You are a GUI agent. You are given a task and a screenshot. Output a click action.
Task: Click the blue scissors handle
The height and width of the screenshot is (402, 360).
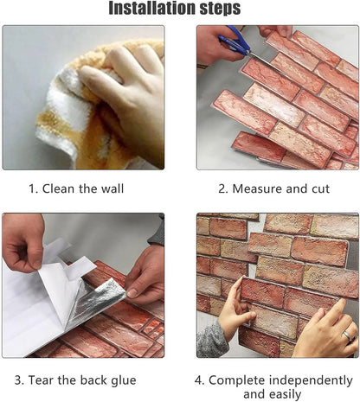pos(232,38)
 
